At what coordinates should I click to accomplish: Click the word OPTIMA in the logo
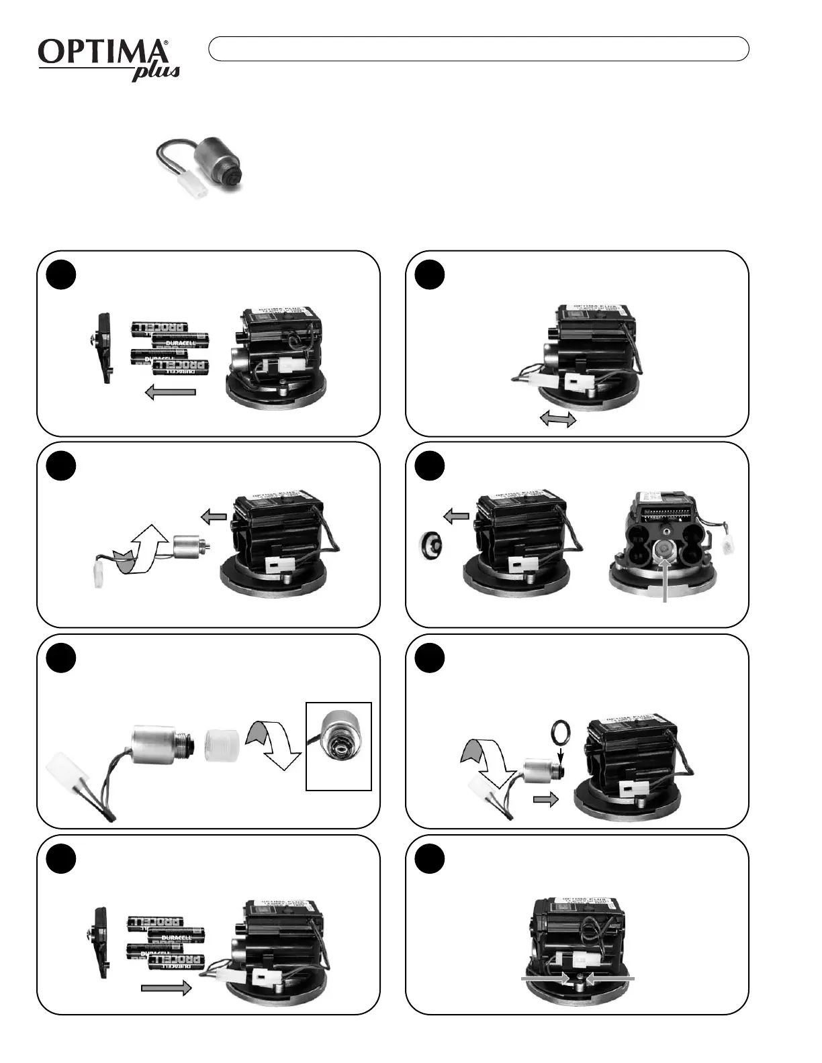click(101, 52)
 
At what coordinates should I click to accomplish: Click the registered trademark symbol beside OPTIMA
click(166, 43)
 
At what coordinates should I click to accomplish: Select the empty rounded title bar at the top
click(478, 49)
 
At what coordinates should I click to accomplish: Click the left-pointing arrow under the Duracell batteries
click(171, 393)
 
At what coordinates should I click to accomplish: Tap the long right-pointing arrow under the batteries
click(167, 988)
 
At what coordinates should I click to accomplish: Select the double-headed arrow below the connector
click(559, 419)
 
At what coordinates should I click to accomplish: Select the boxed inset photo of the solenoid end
click(338, 746)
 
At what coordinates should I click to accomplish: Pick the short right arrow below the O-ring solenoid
click(545, 800)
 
